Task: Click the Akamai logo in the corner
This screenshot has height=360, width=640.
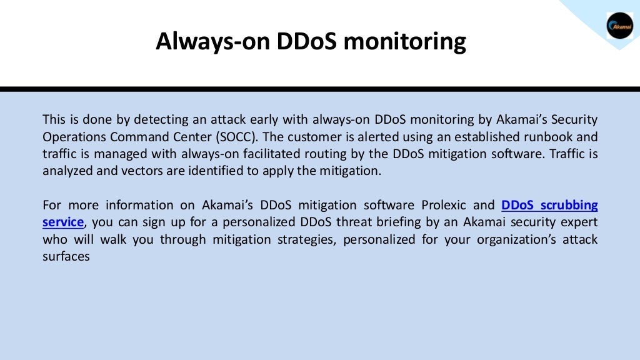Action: point(619,25)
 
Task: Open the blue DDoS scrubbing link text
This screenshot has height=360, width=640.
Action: point(549,205)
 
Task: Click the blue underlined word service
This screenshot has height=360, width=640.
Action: point(62,222)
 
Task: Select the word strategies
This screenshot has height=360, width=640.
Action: point(304,239)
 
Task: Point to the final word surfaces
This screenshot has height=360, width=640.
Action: point(66,256)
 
